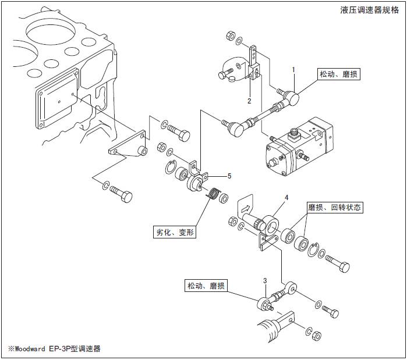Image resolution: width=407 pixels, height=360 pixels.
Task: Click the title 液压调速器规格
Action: (x=370, y=10)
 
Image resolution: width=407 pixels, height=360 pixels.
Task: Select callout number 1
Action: (x=294, y=69)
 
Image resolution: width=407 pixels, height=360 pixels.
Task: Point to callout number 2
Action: (x=249, y=101)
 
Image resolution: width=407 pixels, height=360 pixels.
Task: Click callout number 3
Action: (x=265, y=280)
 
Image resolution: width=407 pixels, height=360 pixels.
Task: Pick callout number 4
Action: (x=286, y=198)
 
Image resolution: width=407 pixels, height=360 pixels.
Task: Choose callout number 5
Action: (x=229, y=176)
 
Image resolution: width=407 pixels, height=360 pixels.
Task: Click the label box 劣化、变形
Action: (x=175, y=232)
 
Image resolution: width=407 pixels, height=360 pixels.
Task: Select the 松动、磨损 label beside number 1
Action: (x=337, y=76)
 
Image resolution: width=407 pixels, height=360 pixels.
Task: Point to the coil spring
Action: (x=214, y=193)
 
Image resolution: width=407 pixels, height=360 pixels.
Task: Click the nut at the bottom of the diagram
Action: (x=316, y=336)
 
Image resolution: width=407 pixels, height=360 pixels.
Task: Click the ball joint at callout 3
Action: (x=264, y=303)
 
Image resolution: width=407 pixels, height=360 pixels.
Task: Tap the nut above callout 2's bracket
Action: (x=229, y=34)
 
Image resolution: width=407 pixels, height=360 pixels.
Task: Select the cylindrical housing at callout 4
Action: (x=270, y=224)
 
